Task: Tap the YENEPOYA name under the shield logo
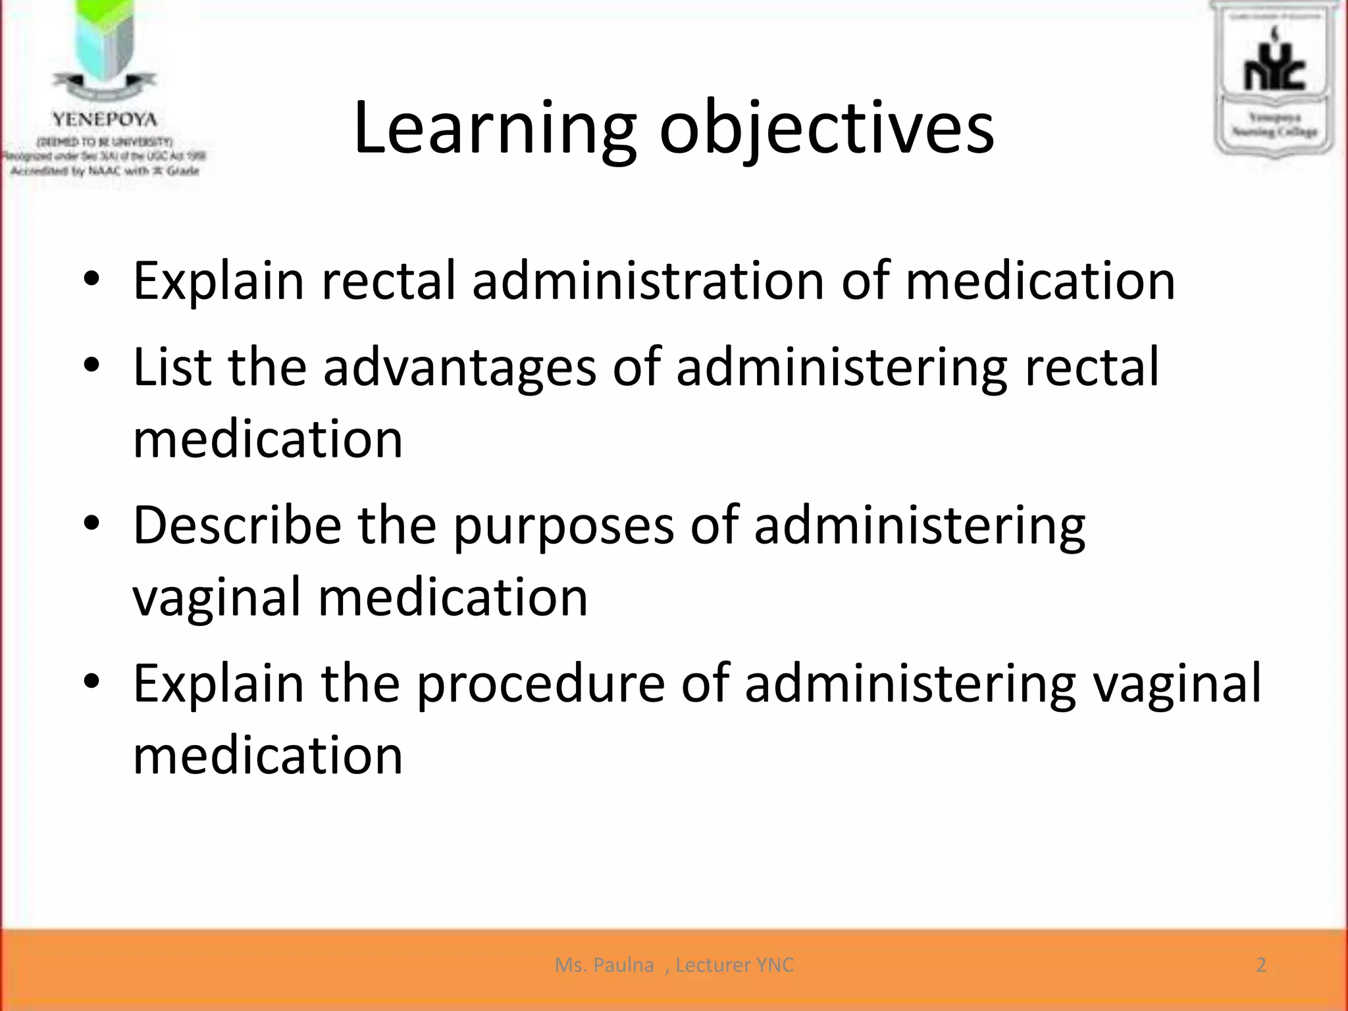(105, 120)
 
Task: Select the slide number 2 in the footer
(1260, 965)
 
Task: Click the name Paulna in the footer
(623, 965)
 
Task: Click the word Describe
(237, 525)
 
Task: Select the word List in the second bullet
(172, 367)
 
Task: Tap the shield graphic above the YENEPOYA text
(104, 39)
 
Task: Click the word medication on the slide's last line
(267, 756)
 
